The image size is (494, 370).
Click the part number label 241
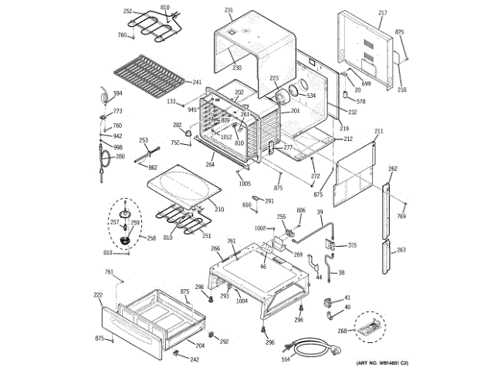pyautogui.click(x=197, y=82)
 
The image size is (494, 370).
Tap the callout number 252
pyautogui.click(x=128, y=12)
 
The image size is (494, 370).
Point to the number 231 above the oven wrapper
pyautogui.click(x=228, y=10)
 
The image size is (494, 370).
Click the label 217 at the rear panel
pyautogui.click(x=382, y=13)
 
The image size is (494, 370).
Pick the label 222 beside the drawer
pyautogui.click(x=98, y=295)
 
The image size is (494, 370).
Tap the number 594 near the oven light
pyautogui.click(x=118, y=94)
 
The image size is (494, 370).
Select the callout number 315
pyautogui.click(x=352, y=245)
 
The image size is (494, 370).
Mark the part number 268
pyautogui.click(x=342, y=331)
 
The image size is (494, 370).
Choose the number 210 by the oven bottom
pyautogui.click(x=219, y=209)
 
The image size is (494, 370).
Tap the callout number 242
pyautogui.click(x=195, y=359)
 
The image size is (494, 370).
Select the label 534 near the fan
pyautogui.click(x=311, y=96)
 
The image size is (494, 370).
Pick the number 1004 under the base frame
pyautogui.click(x=242, y=301)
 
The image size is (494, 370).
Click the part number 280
pyautogui.click(x=120, y=156)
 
